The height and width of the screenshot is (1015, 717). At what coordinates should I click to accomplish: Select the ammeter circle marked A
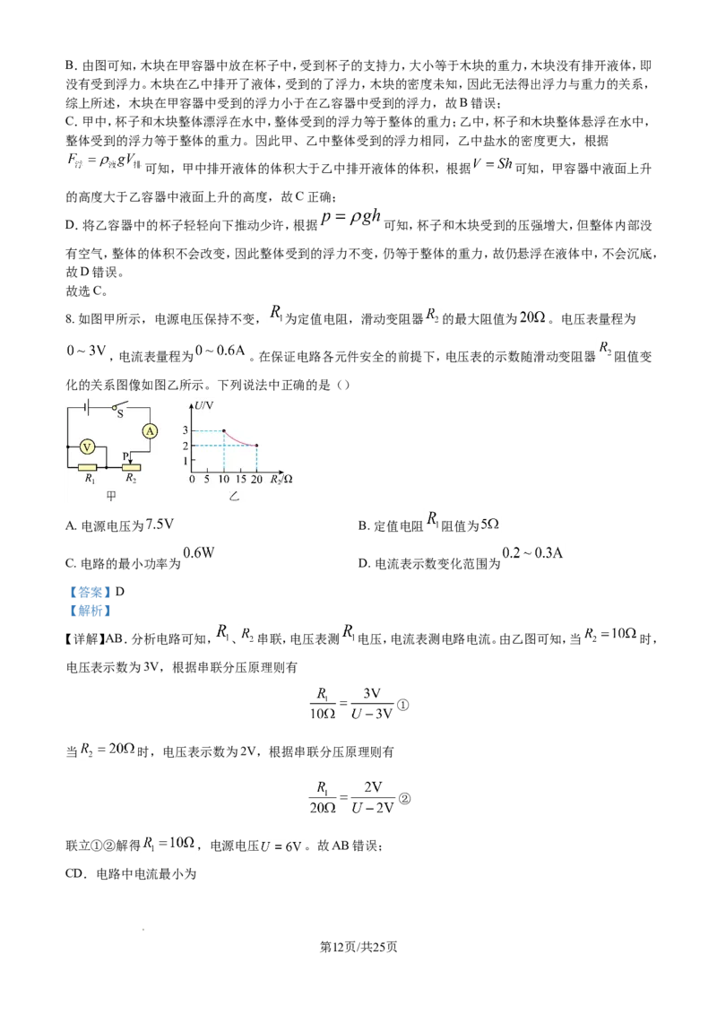[x=150, y=431]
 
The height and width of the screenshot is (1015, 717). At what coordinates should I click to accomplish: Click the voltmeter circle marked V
[x=87, y=446]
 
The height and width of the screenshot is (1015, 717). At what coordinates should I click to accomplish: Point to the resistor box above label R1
[x=87, y=467]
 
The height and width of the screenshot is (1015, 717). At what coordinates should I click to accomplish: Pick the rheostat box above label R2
[x=131, y=467]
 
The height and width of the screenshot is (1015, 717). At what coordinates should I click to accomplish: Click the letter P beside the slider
[x=125, y=455]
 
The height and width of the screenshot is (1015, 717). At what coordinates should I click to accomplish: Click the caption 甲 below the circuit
[x=111, y=496]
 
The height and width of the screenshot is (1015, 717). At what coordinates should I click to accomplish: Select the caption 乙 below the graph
[x=235, y=496]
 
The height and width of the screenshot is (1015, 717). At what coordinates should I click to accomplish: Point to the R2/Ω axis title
[x=280, y=480]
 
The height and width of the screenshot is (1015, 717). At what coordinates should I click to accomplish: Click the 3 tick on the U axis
[x=186, y=431]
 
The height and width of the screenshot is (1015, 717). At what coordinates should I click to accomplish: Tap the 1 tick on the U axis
[x=186, y=460]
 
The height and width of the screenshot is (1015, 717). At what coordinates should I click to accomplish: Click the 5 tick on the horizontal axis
[x=207, y=480]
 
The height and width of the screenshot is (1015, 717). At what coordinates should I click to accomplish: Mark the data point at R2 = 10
[x=224, y=431]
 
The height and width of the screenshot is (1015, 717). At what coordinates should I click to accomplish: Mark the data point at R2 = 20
[x=257, y=446]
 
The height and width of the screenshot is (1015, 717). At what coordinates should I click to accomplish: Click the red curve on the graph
[x=239, y=439]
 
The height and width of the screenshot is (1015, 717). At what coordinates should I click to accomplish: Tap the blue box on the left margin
[x=89, y=600]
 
